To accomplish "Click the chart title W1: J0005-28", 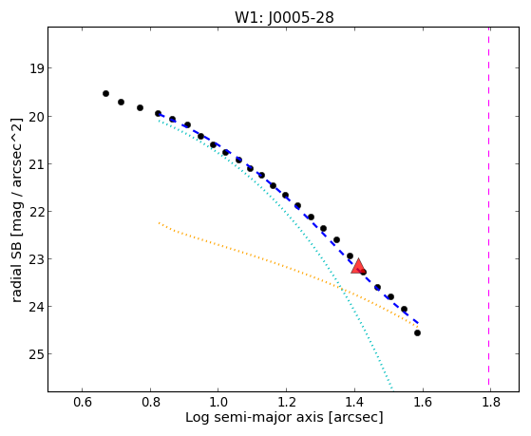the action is (284, 18).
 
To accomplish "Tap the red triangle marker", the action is (358, 266).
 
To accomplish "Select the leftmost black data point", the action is (105, 93).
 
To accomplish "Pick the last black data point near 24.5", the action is (417, 333).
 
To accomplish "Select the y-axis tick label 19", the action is (36, 68).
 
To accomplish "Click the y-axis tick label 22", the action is (36, 212).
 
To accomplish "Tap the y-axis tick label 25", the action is (36, 354).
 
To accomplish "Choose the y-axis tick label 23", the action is (36, 259).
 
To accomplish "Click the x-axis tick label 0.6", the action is (83, 402).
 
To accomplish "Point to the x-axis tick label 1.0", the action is (218, 402).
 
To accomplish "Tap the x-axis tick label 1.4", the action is (354, 402).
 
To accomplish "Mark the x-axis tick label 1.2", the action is (286, 402).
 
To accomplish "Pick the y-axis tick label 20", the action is (36, 117).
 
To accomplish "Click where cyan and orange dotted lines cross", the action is (340, 289).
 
